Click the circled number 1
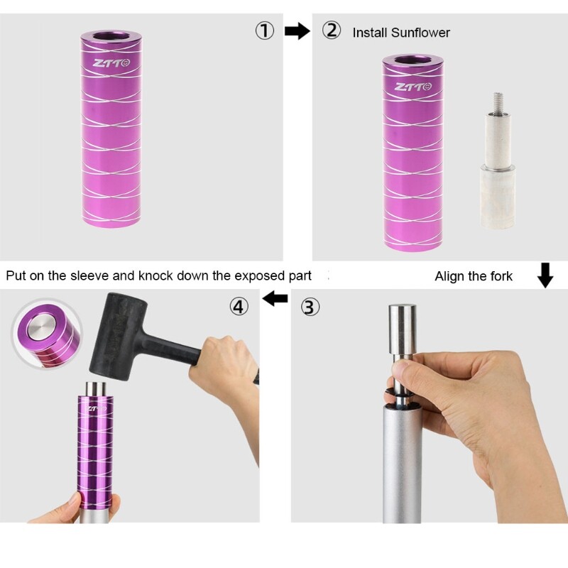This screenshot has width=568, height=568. click(265, 31)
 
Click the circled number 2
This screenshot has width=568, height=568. click(332, 30)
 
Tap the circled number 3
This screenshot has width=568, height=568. click(310, 307)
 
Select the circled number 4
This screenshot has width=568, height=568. click(239, 307)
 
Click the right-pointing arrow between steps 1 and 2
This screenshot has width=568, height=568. click(297, 31)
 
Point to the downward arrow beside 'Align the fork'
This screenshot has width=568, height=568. click(545, 275)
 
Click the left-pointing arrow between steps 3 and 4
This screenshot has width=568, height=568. click(275, 298)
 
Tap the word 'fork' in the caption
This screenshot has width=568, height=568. click(501, 276)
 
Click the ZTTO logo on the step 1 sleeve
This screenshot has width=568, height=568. click(111, 63)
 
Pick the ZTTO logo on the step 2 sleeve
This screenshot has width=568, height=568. click(413, 87)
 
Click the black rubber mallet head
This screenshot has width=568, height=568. click(118, 336)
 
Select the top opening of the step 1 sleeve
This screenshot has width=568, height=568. click(111, 37)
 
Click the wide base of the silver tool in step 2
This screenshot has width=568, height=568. click(498, 197)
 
